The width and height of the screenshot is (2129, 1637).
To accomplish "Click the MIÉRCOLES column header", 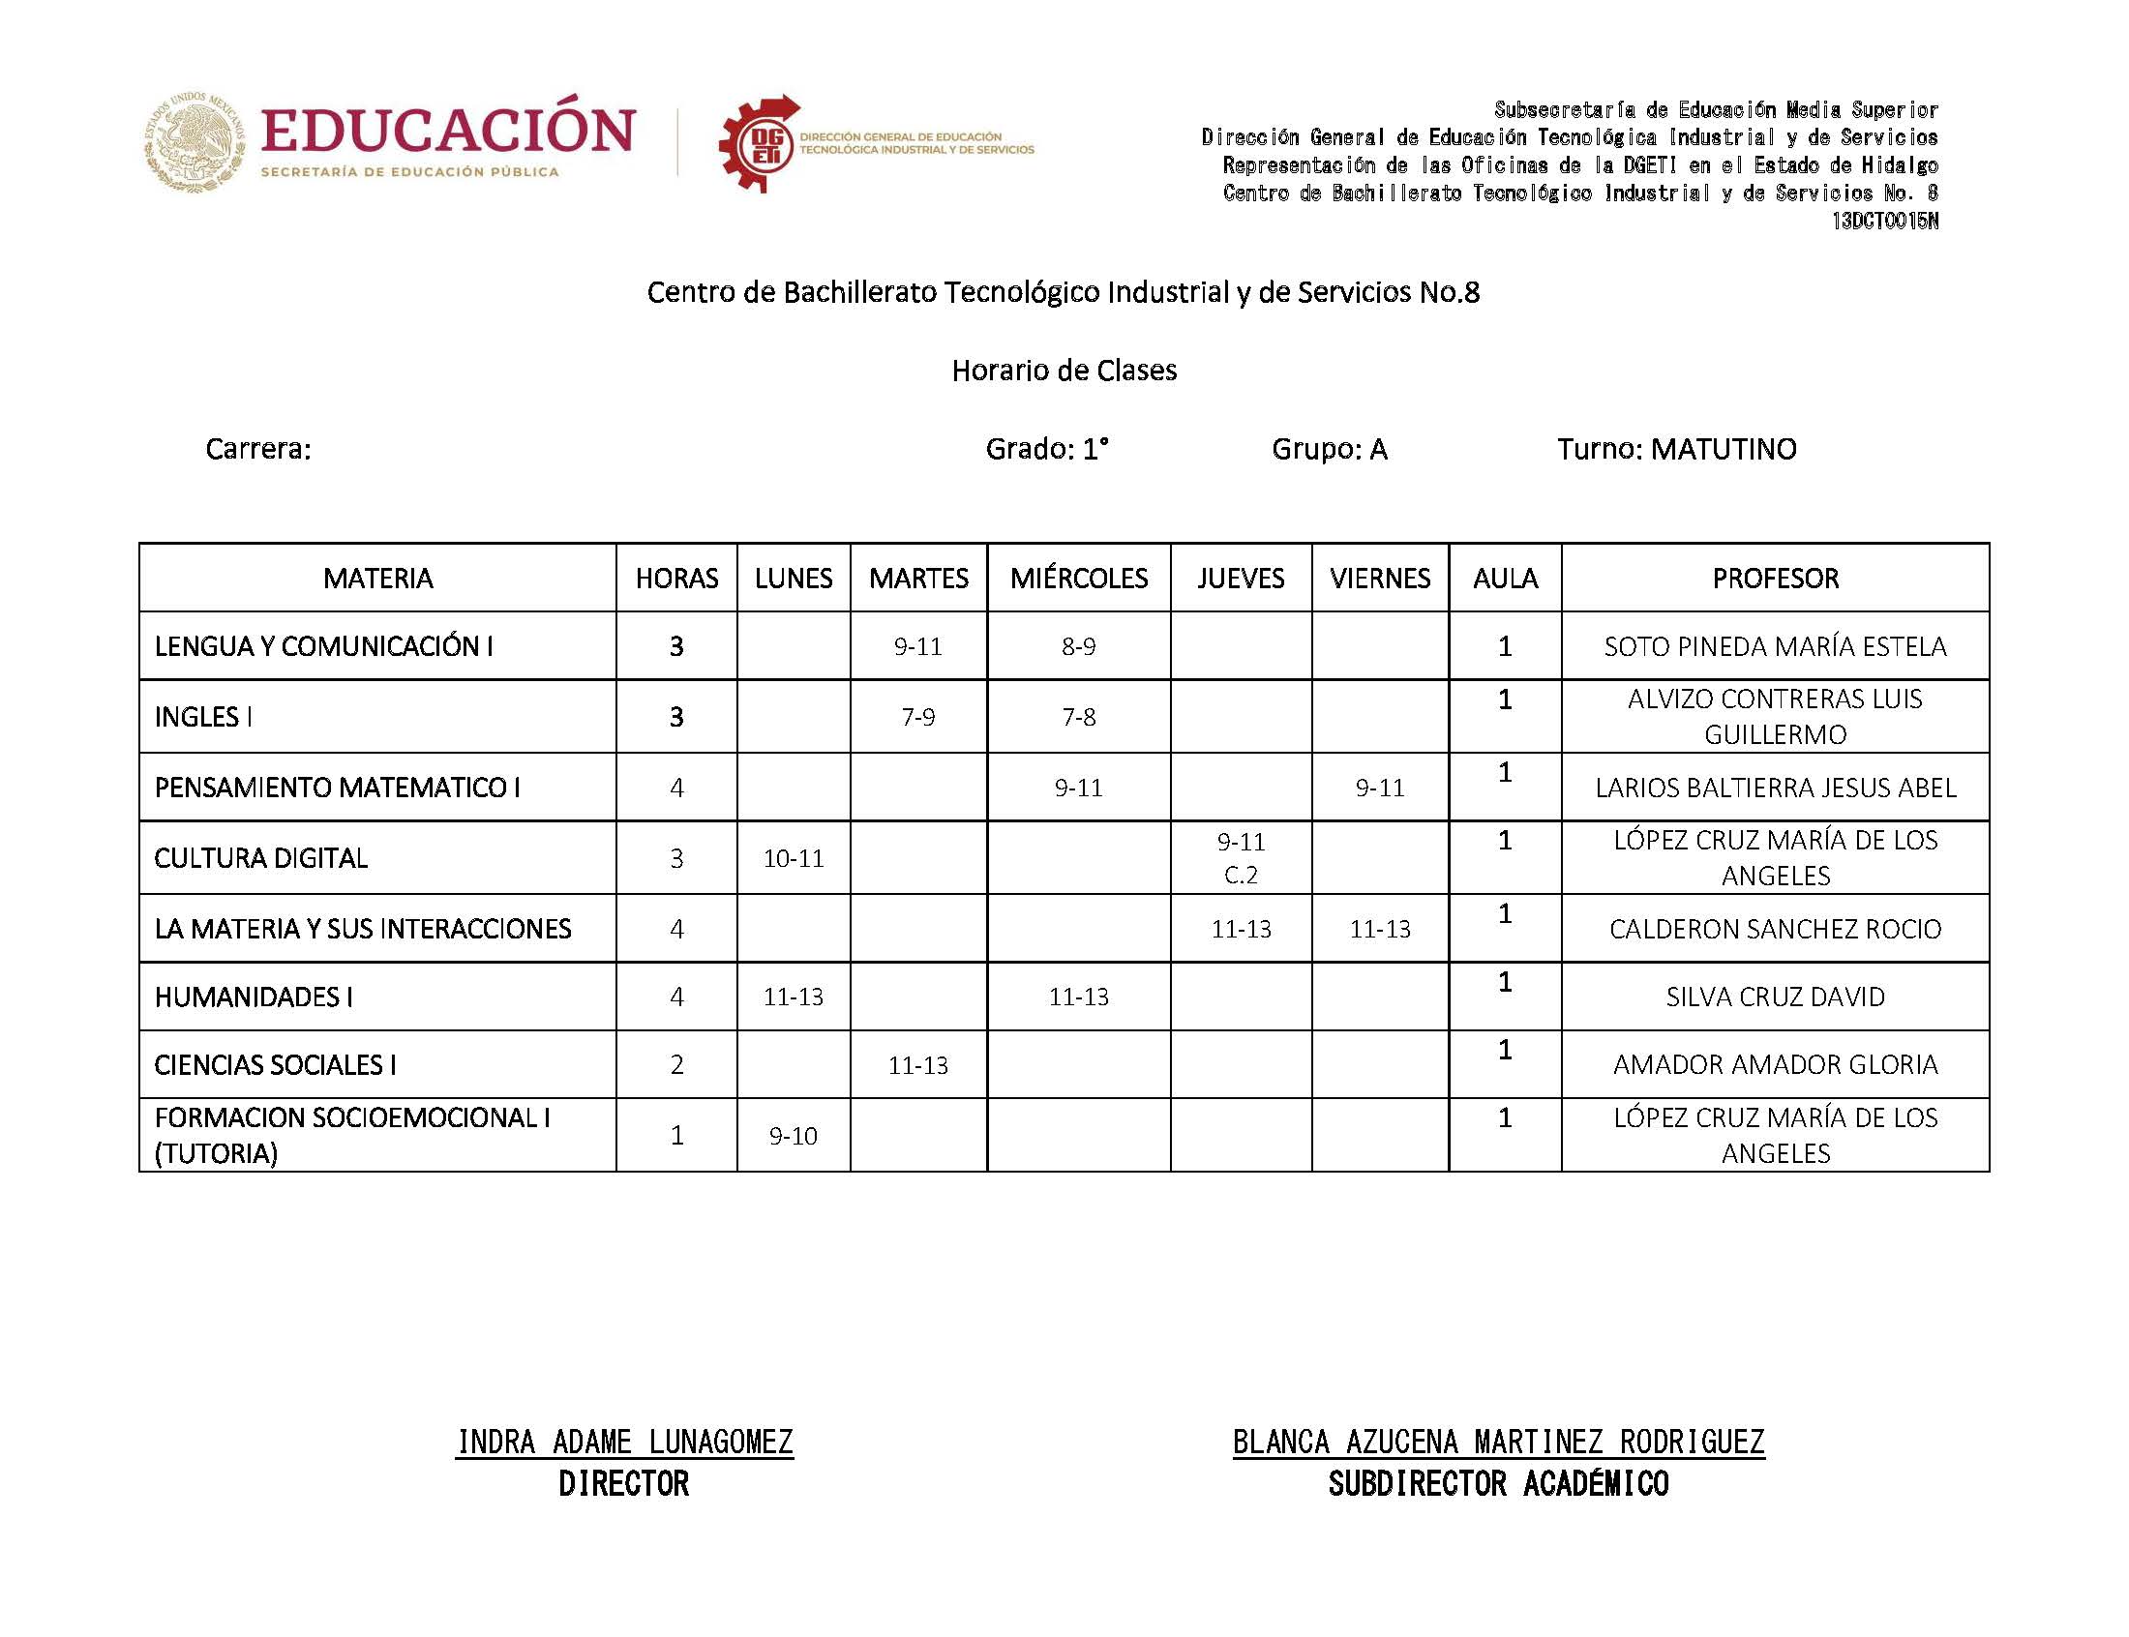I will (1078, 578).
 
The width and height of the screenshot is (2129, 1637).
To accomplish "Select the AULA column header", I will (1505, 578).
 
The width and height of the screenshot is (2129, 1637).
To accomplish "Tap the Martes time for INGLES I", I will (917, 717).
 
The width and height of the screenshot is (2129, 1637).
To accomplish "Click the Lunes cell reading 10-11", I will (794, 858).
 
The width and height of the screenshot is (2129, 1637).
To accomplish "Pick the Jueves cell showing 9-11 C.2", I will (1241, 857).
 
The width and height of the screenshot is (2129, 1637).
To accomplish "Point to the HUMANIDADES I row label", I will (254, 997).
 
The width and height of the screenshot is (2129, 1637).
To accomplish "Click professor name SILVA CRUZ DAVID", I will (1775, 997).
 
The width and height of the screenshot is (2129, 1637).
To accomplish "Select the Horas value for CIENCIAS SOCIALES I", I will (676, 1064).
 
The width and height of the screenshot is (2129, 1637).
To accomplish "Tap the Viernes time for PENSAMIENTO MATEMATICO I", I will (1380, 788).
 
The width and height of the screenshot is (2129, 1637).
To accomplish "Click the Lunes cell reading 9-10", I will (794, 1135).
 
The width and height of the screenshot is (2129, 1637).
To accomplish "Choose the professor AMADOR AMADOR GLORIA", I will (1775, 1064).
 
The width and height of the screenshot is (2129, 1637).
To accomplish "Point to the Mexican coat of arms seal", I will (195, 142).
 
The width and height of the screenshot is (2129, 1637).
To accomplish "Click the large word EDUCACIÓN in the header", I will (448, 131).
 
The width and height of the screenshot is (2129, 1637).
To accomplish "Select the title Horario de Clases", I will (1064, 371).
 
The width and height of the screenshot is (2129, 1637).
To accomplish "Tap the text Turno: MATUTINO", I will (1676, 449).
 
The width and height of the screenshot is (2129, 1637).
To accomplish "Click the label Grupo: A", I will (1329, 449).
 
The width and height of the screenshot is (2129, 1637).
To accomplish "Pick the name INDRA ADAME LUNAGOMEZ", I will (624, 1442).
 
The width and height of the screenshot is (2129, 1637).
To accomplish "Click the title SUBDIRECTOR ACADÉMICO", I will (1498, 1484).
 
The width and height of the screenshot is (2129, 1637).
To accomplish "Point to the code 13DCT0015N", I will (1884, 222).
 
